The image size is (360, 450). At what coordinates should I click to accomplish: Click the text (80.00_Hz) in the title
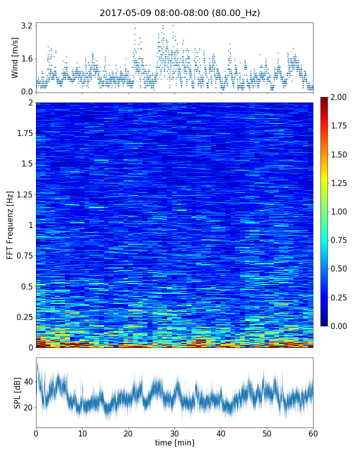tap(236, 13)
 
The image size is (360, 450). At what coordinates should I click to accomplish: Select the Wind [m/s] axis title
tap(15, 57)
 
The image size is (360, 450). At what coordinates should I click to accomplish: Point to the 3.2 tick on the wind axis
tap(26, 25)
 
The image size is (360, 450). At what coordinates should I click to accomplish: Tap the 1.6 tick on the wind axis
tap(26, 58)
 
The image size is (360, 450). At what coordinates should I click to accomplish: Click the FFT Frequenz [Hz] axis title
tap(10, 225)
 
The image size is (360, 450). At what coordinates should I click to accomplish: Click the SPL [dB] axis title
tap(17, 392)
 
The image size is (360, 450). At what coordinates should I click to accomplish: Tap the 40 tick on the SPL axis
tap(28, 381)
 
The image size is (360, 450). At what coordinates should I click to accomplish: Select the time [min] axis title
tap(174, 442)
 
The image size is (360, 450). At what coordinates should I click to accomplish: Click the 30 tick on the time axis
tap(174, 432)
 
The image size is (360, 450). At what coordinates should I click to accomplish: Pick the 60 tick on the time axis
tap(313, 432)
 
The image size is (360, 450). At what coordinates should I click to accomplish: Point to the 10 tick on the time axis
tap(82, 432)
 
